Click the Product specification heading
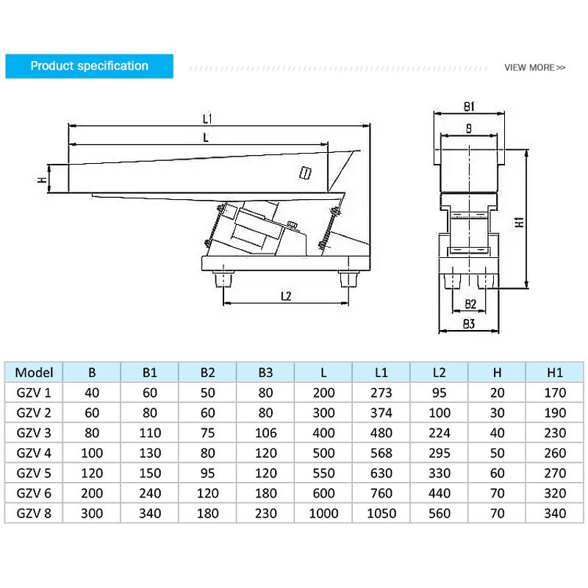89,66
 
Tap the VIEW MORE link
534,68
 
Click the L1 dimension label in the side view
207,118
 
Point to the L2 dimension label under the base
287,295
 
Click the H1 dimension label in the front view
518,221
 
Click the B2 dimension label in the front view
470,303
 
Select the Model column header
34,372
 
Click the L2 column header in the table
439,372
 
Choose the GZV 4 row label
34,453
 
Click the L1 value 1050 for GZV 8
381,513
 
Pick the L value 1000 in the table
323,513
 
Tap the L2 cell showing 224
439,432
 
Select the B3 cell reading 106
265,432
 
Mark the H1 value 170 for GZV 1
555,392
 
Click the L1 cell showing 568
381,453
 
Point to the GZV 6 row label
34,493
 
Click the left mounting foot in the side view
223,280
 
